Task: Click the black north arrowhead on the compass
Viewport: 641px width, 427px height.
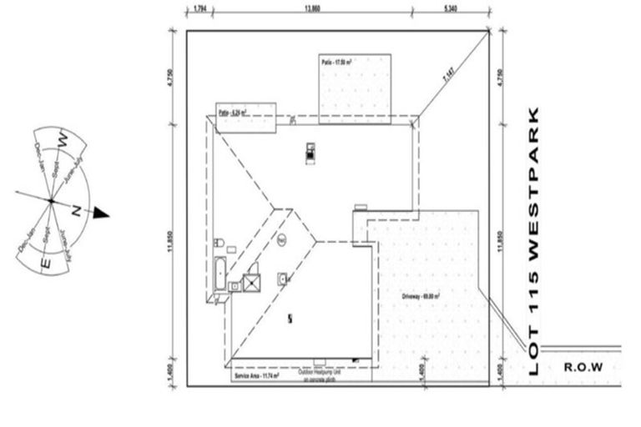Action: pyautogui.click(x=101, y=213)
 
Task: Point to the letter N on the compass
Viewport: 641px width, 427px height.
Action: pyautogui.click(x=76, y=211)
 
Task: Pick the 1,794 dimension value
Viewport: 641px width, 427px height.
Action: pyautogui.click(x=200, y=9)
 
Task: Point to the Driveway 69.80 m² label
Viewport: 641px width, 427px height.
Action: pyautogui.click(x=421, y=295)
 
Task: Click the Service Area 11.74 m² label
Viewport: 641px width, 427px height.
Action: pyautogui.click(x=255, y=376)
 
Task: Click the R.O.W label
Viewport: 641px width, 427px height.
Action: pyautogui.click(x=583, y=366)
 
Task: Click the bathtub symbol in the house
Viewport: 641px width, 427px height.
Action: pyautogui.click(x=220, y=273)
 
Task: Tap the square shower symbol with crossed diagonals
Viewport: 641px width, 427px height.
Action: pyautogui.click(x=251, y=282)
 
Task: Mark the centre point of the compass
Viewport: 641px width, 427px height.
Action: pyautogui.click(x=50, y=201)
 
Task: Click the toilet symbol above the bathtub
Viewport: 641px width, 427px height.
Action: pyautogui.click(x=219, y=244)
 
